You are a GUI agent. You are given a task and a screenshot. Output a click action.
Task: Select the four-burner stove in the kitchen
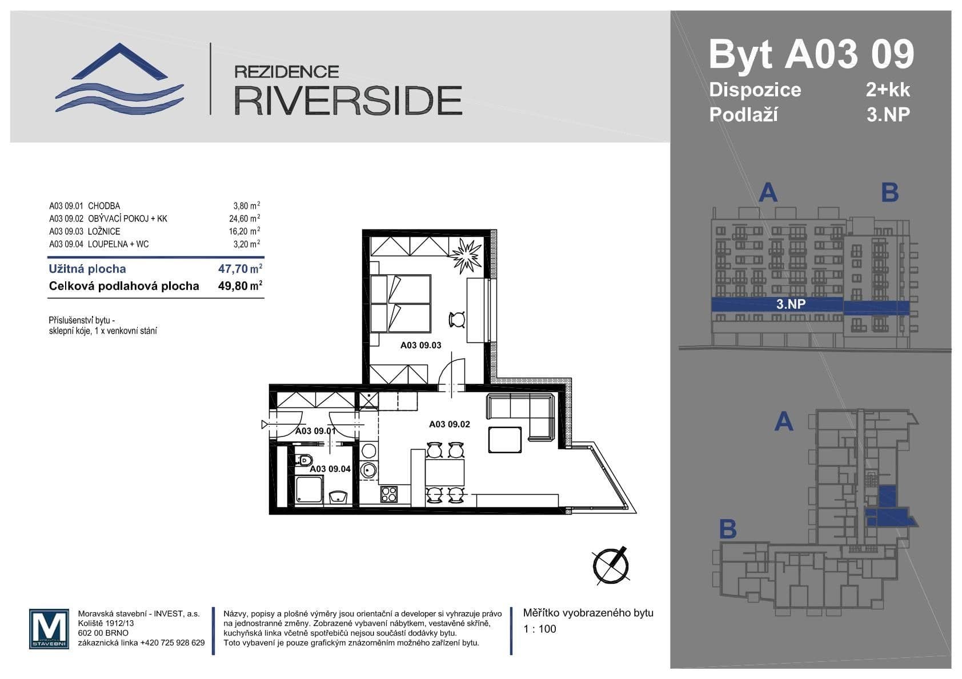(389, 494)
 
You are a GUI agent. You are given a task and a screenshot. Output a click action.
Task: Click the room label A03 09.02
(450, 424)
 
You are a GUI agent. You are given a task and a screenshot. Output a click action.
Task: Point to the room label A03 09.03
(420, 345)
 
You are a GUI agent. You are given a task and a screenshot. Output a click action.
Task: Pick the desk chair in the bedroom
(458, 320)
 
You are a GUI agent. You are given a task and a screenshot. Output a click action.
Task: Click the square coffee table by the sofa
(504, 440)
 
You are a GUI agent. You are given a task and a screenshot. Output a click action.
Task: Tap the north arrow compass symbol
(610, 566)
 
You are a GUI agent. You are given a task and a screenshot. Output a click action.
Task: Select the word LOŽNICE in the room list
(104, 231)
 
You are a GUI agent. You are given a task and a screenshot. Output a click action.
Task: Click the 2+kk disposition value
(888, 90)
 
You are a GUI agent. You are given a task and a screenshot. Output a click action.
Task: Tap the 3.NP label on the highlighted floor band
(791, 304)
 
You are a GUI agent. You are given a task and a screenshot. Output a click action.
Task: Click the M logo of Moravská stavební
(49, 629)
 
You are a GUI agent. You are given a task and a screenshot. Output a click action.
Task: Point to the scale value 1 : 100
(539, 629)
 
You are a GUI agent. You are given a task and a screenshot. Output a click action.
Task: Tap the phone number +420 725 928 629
(172, 642)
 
